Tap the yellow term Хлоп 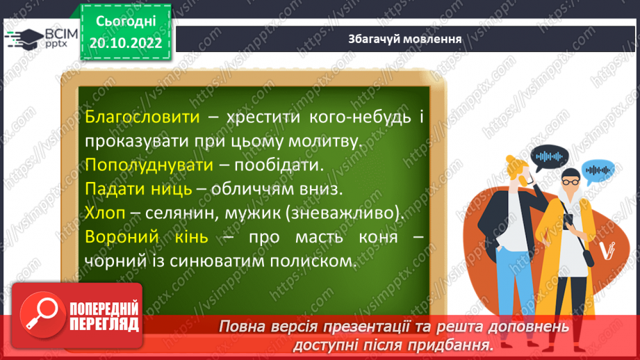pyautogui.click(x=105, y=213)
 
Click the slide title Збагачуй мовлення pyautogui.click(x=405, y=39)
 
